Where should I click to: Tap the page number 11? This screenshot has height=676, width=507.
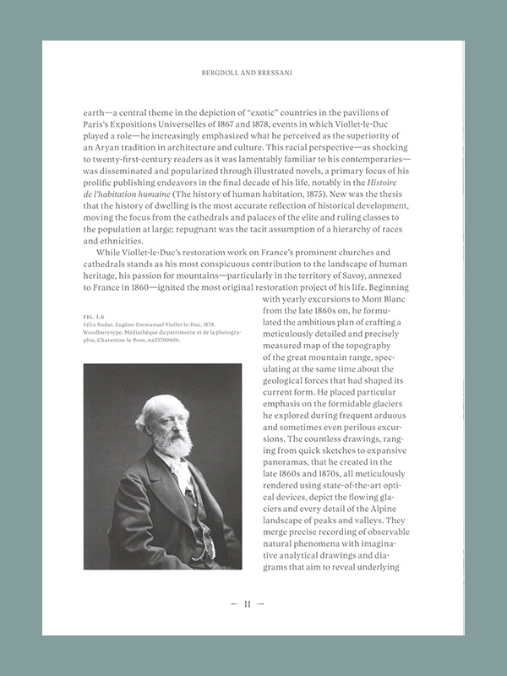pos(248,604)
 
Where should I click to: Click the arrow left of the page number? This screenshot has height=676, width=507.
pos(233,604)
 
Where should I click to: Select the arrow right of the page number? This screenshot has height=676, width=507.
pos(261,604)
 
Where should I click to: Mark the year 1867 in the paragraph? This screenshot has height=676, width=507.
pos(249,125)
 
